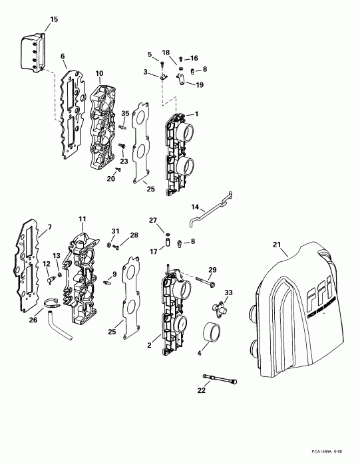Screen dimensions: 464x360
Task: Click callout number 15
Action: click(54, 19)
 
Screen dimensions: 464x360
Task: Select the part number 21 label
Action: click(277, 245)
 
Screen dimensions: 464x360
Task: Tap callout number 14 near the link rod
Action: click(196, 207)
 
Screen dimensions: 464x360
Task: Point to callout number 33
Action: click(228, 292)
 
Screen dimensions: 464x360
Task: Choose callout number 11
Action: click(82, 219)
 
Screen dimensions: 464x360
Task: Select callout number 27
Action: click(152, 219)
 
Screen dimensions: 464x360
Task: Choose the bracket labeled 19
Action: click(182, 80)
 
